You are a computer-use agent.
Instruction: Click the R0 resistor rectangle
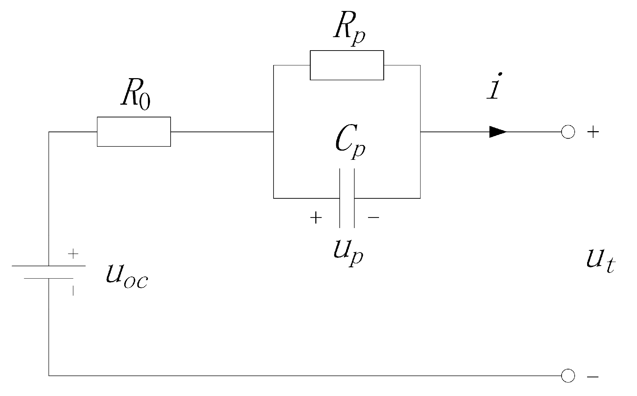tap(134, 132)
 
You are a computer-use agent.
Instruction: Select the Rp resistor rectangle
tap(347, 65)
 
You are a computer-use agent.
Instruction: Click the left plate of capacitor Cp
tap(340, 198)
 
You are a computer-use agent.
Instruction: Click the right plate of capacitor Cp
tap(354, 198)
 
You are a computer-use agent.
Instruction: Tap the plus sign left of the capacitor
tap(316, 218)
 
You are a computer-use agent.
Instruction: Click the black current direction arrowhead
tap(498, 132)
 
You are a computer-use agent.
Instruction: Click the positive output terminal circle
tap(568, 132)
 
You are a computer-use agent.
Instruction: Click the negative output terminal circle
tap(568, 375)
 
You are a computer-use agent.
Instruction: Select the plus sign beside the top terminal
tap(593, 132)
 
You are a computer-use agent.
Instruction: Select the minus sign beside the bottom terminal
tap(593, 377)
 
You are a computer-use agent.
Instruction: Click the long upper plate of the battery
tap(49, 266)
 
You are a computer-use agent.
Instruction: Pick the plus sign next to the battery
tap(73, 254)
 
